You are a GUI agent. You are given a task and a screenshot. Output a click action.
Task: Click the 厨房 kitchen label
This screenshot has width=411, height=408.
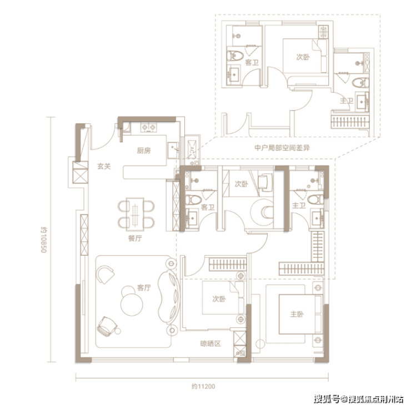[x=144, y=151]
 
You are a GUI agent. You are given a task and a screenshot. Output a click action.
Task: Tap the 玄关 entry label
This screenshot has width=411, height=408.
[x=104, y=166]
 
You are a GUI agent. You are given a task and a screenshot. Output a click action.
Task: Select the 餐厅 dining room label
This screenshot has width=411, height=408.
[x=135, y=238]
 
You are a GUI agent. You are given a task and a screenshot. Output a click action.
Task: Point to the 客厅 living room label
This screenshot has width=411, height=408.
[x=144, y=288]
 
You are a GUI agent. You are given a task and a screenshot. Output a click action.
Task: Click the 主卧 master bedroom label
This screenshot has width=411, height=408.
[x=297, y=314]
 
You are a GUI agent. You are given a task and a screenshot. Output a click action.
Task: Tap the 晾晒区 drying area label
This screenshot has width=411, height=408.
[x=210, y=344]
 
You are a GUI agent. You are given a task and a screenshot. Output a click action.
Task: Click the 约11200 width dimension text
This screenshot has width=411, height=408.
[x=203, y=386]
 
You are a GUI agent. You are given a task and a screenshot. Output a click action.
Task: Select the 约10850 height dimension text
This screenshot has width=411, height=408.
[x=43, y=240]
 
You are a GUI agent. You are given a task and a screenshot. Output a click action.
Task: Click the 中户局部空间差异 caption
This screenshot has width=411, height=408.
[x=282, y=148]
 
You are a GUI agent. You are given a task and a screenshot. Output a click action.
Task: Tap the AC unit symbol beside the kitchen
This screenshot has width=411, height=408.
[x=192, y=150]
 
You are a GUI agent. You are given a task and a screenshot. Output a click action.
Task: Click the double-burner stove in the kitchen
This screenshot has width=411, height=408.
[x=148, y=127]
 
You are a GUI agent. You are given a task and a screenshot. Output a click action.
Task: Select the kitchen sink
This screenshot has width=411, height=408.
[x=173, y=150]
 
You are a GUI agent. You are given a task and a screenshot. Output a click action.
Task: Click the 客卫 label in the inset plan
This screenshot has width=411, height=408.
[x=252, y=62]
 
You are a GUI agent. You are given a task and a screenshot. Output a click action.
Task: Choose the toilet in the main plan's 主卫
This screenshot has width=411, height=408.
[x=315, y=200]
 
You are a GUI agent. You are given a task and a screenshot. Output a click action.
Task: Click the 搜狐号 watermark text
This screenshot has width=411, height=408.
[x=327, y=399]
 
